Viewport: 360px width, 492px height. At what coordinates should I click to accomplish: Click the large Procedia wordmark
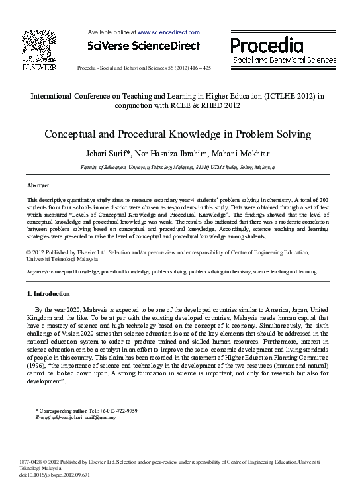[267, 45]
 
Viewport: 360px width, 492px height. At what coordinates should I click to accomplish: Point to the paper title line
[177, 134]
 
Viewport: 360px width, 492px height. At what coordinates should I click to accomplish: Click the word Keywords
[38, 271]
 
